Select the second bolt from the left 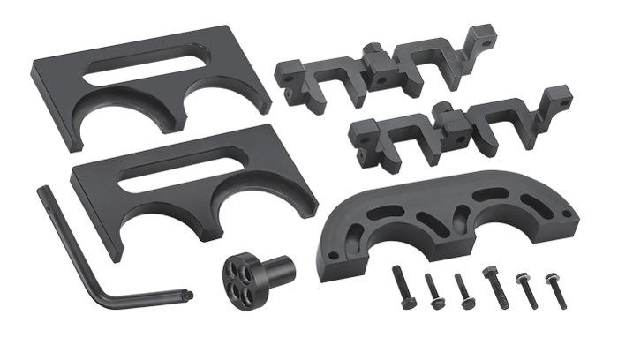(x=433, y=290)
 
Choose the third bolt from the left (x=463, y=291)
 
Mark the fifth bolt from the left (x=524, y=292)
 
